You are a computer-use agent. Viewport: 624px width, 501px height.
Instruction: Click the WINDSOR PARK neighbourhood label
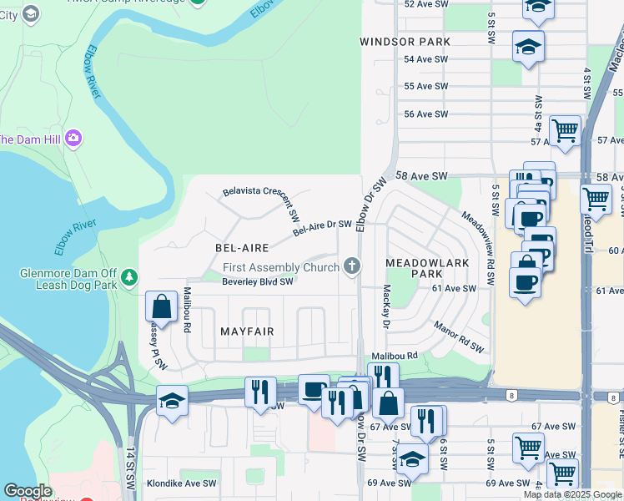tap(405, 42)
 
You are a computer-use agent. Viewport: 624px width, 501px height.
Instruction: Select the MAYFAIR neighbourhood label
tap(247, 331)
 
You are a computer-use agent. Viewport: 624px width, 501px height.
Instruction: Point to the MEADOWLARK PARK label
tap(414, 268)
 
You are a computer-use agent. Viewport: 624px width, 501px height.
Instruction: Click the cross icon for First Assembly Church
tap(353, 266)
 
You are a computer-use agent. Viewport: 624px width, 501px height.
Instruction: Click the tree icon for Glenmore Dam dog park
tap(128, 276)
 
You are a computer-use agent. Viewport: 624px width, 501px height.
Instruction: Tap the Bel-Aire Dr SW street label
tap(322, 225)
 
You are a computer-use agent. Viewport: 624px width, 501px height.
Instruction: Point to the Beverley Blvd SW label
tap(257, 281)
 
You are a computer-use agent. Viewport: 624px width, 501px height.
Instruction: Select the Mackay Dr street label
tap(386, 306)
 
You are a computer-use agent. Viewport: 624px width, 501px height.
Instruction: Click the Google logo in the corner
tap(27, 491)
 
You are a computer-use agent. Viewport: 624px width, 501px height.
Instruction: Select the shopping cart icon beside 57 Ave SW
tap(566, 131)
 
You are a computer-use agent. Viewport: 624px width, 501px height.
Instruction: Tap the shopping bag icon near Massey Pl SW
tap(161, 306)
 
